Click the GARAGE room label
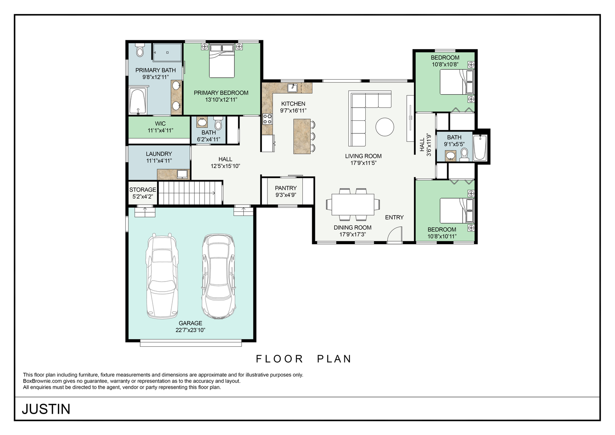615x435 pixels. coord(190,323)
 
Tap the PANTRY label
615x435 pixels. coord(286,188)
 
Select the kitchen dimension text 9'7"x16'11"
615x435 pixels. coord(293,111)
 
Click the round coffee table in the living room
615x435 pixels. coord(385,127)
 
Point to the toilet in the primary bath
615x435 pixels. coord(140,50)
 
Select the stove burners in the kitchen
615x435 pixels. coord(267,119)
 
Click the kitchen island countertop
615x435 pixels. coord(302,136)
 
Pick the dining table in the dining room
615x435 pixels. coord(353,205)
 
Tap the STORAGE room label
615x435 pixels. coord(143,190)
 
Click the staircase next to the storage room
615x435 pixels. coord(190,193)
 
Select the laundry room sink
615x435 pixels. coord(182,174)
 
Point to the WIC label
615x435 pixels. coord(160,124)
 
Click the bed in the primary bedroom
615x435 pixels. coord(222,61)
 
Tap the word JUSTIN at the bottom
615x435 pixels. coord(46,409)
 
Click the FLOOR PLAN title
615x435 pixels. coord(304,359)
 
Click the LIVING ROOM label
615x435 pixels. coord(363,156)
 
